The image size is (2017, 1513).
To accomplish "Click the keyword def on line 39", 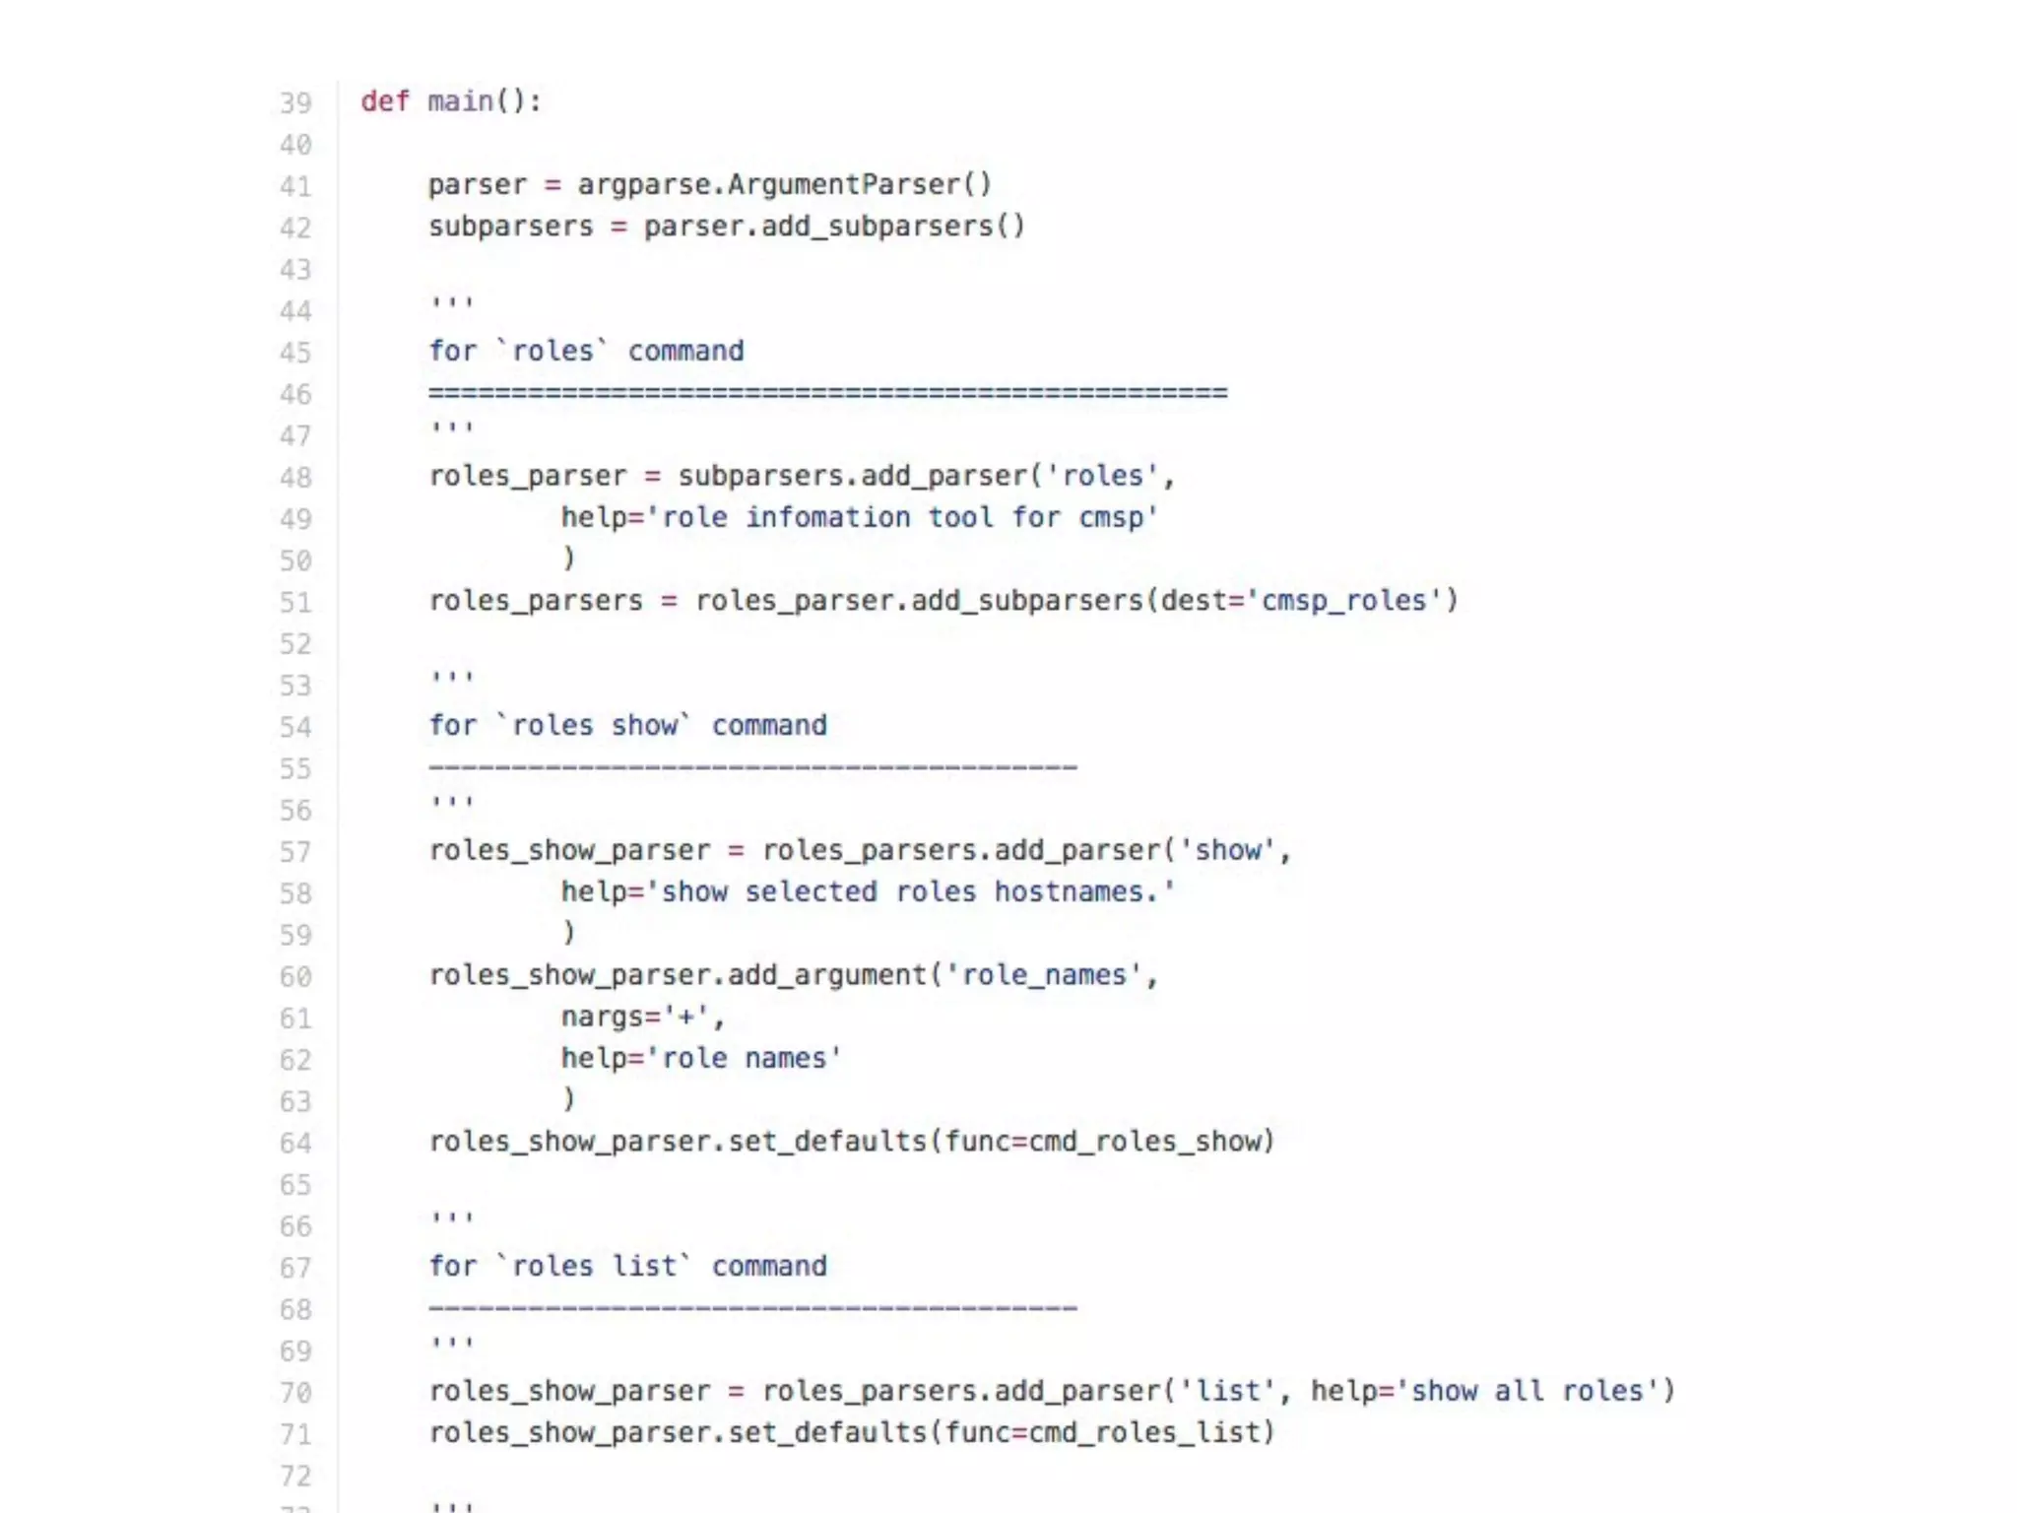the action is click(384, 101).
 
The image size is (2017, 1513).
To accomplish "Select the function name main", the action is click(460, 101).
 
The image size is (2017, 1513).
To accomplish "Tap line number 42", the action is click(294, 229).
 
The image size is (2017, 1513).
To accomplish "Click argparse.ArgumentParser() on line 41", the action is click(784, 185).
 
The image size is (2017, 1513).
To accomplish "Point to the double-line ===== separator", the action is click(827, 393).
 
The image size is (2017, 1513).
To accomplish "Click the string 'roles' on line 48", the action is click(1102, 477).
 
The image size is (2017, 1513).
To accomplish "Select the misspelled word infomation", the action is click(827, 518).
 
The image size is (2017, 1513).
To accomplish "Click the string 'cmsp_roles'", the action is click(1344, 601).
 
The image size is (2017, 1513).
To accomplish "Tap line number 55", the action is click(294, 769).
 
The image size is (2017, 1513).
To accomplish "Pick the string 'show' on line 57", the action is click(1227, 851).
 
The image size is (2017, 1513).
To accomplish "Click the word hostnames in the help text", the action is click(1068, 892).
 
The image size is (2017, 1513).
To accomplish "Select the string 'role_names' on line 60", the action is click(1043, 975).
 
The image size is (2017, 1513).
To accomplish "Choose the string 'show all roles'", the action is click(1528, 1391).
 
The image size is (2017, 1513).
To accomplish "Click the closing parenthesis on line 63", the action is click(568, 1099).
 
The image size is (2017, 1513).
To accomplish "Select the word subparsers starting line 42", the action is click(510, 227).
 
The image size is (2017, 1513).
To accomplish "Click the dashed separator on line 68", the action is click(752, 1309).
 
